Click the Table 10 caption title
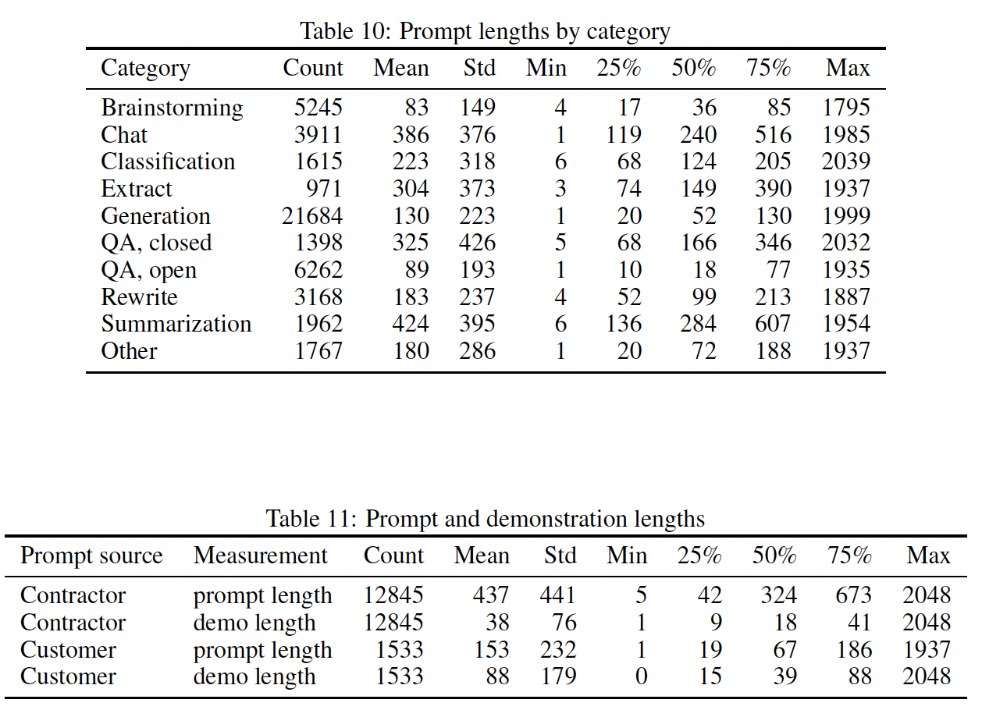[x=485, y=31]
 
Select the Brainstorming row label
[x=172, y=108]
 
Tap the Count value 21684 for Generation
[x=312, y=215]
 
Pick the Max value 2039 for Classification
[x=845, y=162]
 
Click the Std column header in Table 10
[x=479, y=68]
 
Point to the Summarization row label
[x=176, y=324]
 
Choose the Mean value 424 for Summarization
[x=411, y=324]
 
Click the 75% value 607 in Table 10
[x=773, y=324]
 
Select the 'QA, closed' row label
[x=156, y=243]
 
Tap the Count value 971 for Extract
[x=324, y=189]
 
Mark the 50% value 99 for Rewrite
[x=704, y=297]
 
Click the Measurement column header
[x=261, y=556]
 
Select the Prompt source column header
[x=91, y=556]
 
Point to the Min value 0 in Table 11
[x=641, y=676]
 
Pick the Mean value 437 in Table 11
[x=490, y=595]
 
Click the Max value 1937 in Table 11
[x=927, y=649]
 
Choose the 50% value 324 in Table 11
[x=778, y=595]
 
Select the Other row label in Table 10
[x=129, y=351]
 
